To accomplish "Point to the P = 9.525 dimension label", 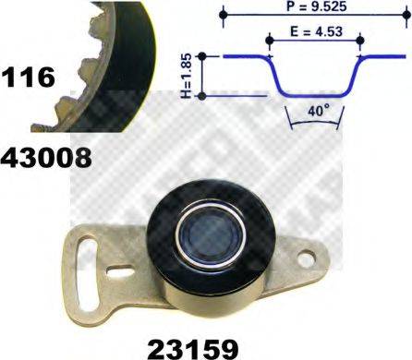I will point(313,8).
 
